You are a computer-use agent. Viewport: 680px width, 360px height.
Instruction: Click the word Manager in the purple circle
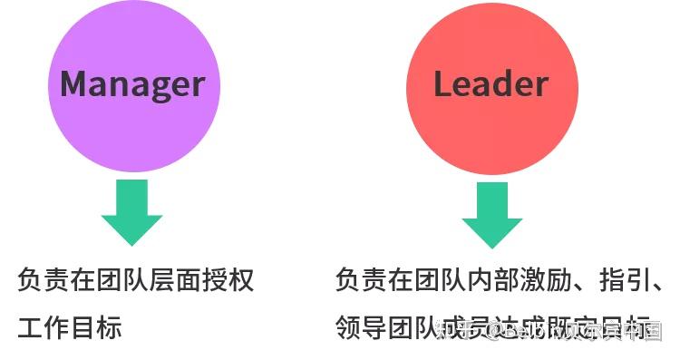click(132, 84)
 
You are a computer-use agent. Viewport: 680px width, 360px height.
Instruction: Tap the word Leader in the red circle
click(491, 84)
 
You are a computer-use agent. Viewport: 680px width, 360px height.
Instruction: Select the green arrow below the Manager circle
click(132, 212)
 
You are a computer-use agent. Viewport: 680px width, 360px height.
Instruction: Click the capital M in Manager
click(76, 84)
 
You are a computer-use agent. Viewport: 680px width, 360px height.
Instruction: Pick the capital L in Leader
click(442, 84)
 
